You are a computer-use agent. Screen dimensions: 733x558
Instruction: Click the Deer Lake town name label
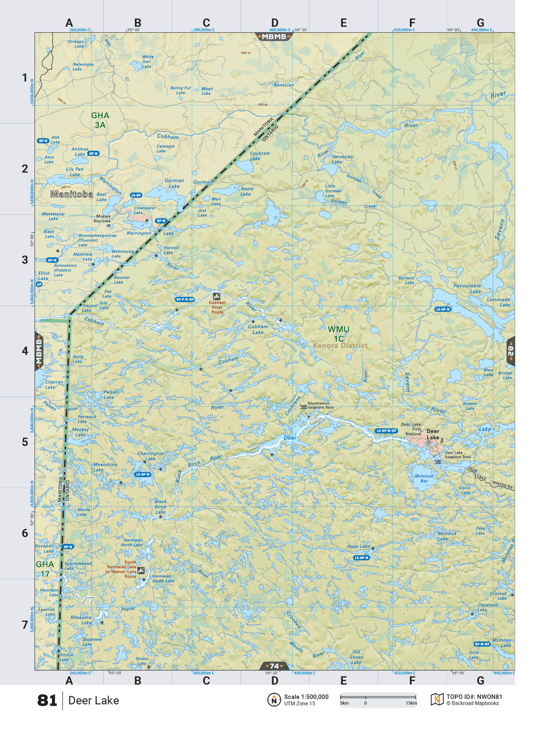433,434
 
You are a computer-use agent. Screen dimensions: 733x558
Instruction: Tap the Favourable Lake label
467,289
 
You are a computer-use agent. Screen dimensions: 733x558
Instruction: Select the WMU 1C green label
338,334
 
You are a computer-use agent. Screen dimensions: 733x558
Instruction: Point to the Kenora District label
340,346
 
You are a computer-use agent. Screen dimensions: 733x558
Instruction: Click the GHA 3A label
100,120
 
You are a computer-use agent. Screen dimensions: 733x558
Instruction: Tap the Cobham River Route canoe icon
216,296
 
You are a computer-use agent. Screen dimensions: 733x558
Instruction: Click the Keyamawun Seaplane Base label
320,405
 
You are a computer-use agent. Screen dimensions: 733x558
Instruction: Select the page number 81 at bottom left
47,700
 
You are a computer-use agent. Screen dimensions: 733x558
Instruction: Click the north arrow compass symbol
274,700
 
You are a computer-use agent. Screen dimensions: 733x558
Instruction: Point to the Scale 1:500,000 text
306,697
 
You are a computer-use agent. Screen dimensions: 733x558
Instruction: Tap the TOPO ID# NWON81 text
474,697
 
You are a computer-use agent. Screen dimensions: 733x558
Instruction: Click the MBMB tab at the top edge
274,37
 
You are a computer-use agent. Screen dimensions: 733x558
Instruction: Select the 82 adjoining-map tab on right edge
511,352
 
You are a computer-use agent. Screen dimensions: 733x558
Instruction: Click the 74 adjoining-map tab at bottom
274,666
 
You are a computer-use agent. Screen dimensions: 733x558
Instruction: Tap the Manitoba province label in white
72,194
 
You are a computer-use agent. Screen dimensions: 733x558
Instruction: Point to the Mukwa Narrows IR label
102,221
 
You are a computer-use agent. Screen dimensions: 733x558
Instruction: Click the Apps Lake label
358,546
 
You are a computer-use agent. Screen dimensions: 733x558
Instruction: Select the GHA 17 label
45,569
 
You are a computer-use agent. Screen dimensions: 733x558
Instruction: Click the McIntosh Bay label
424,478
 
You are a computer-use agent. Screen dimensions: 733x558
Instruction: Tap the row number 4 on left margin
25,351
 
